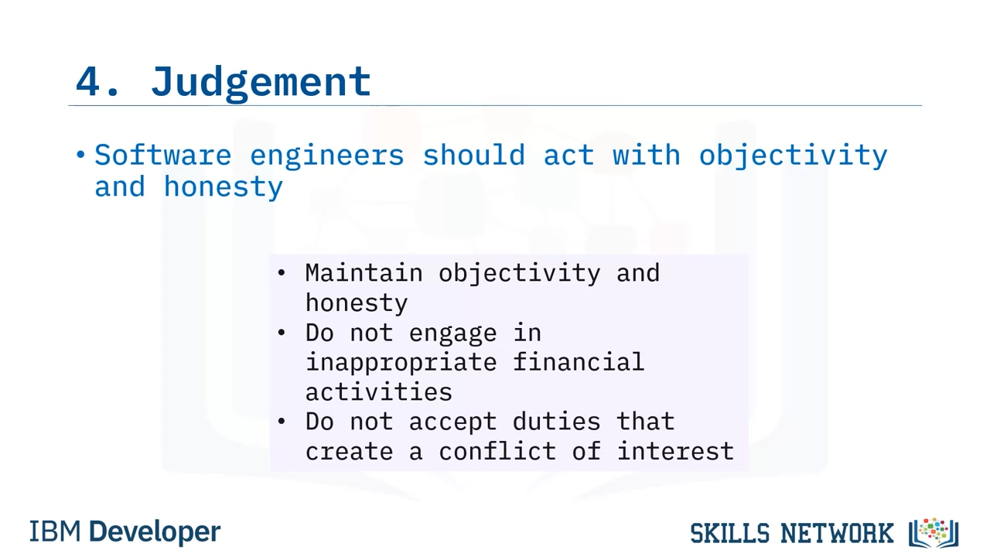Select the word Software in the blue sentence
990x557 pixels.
click(163, 155)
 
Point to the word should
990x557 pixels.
click(474, 155)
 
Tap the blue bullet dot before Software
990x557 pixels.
click(80, 155)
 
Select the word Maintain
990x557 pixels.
click(364, 273)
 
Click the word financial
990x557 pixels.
click(579, 361)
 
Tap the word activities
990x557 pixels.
click(379, 391)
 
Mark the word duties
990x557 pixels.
click(556, 421)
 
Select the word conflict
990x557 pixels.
click(497, 451)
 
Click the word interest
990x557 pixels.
click(675, 451)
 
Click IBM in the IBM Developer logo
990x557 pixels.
click(55, 531)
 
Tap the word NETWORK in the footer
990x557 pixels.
click(837, 533)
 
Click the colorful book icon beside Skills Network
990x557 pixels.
click(934, 533)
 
